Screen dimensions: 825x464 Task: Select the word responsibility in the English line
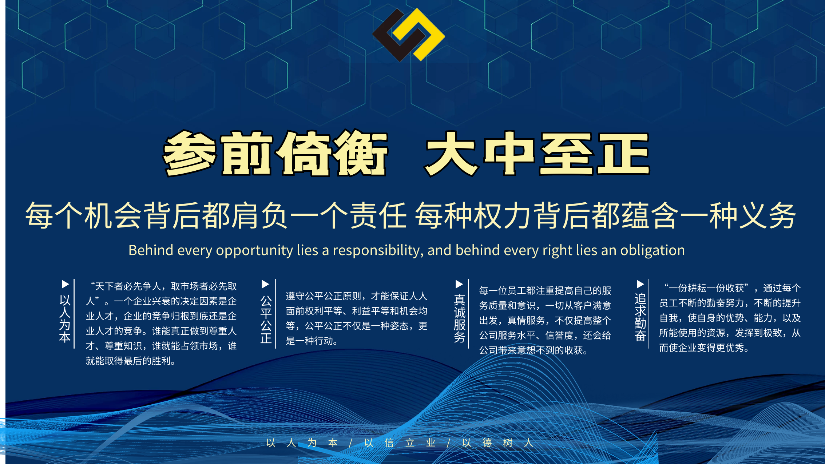pyautogui.click(x=378, y=251)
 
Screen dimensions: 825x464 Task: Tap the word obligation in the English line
pyautogui.click(x=653, y=250)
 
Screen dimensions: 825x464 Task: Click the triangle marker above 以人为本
pyautogui.click(x=66, y=284)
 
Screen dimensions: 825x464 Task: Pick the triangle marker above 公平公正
pyautogui.click(x=266, y=284)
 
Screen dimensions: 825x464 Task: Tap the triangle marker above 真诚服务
pyautogui.click(x=459, y=284)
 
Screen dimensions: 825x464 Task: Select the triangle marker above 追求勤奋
pyautogui.click(x=640, y=284)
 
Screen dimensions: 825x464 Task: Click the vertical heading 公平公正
pyautogui.click(x=266, y=319)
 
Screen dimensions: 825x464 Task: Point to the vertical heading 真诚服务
pyautogui.click(x=460, y=318)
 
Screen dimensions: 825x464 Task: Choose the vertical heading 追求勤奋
pyautogui.click(x=640, y=317)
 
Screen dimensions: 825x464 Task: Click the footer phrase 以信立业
pyautogui.click(x=400, y=443)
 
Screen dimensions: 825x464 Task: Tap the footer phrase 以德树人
pyautogui.click(x=497, y=443)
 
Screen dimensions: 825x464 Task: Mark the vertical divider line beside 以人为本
pyautogui.click(x=74, y=314)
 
